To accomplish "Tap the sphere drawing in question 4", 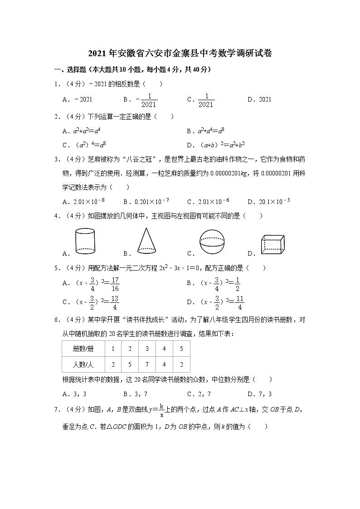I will tap(212, 242).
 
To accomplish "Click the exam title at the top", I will tap(180, 53).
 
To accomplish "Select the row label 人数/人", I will tap(83, 364).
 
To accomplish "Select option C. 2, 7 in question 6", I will tap(199, 394).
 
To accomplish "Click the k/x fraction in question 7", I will tap(161, 411).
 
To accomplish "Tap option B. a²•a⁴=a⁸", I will tap(205, 131).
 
